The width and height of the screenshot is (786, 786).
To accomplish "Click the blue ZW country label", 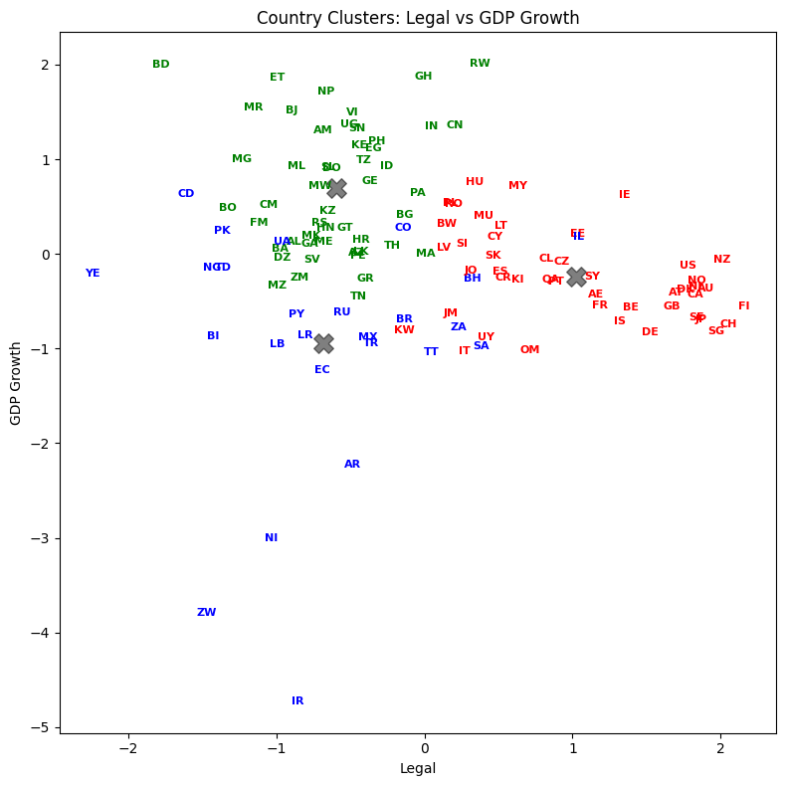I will click(x=206, y=613).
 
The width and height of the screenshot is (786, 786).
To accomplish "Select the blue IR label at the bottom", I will click(x=297, y=701).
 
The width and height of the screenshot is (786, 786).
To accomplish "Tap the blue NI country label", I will click(x=271, y=538).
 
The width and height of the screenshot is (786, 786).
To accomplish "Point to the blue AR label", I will click(x=352, y=465).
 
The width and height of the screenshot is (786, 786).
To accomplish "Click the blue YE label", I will click(x=93, y=274).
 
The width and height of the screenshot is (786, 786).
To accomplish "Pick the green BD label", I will click(x=161, y=65).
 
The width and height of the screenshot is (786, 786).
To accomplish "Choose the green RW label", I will click(x=480, y=64).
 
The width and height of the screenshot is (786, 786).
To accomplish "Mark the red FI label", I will click(x=743, y=306).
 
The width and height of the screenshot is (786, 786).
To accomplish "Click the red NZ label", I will click(x=721, y=260).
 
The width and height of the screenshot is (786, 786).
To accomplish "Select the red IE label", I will click(x=624, y=195).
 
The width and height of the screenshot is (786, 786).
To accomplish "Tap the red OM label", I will click(x=529, y=350).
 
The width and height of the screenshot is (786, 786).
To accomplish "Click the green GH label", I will click(x=423, y=77).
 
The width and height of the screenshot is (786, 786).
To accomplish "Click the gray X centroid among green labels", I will click(x=336, y=188).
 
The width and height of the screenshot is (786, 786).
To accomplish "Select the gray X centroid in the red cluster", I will click(x=576, y=277).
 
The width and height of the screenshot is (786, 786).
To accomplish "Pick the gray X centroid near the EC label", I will click(x=323, y=343).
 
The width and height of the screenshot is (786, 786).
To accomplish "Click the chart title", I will click(x=418, y=18).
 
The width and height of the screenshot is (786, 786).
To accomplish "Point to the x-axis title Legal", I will click(x=418, y=768).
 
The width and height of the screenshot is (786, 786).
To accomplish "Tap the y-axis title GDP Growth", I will click(x=17, y=383).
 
